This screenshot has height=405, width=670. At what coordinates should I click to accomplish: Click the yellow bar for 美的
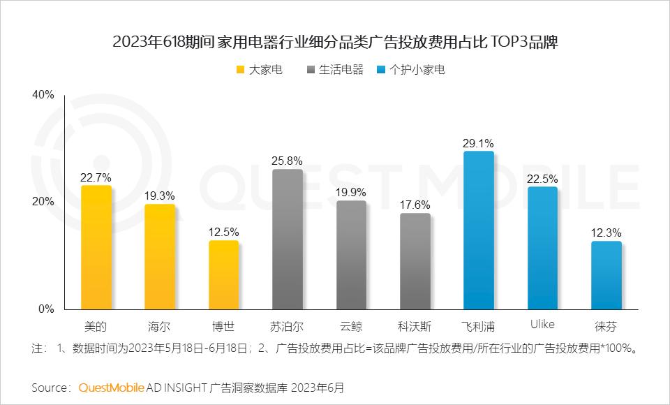(x=96, y=247)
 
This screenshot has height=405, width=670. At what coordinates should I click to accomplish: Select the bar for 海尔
(x=160, y=256)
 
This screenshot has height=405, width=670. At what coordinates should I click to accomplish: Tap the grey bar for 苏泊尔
(x=288, y=239)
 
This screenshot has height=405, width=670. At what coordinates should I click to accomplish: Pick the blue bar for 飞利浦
(x=479, y=230)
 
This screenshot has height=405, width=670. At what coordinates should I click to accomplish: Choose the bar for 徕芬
(x=606, y=275)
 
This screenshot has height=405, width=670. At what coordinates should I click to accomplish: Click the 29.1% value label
(x=478, y=143)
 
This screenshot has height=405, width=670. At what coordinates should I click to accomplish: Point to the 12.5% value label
(x=223, y=232)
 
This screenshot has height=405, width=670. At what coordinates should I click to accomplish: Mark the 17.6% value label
(x=415, y=205)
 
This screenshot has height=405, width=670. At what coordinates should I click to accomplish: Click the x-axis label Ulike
(x=542, y=325)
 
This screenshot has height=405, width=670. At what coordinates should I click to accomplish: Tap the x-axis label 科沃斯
(x=415, y=326)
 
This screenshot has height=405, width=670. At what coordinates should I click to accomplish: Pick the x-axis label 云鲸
(x=351, y=326)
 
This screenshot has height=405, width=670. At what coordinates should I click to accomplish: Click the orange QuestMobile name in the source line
(x=112, y=387)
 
